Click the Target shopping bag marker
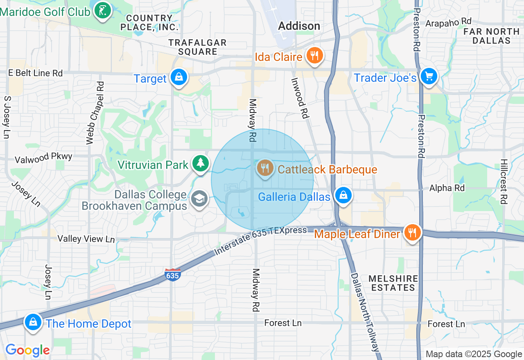coord(179,77)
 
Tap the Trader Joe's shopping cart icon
coord(429,76)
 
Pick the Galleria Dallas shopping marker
coord(344,195)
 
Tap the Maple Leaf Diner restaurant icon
coord(412,232)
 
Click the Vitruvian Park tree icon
coord(200,163)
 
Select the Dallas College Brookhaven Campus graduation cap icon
coord(199,199)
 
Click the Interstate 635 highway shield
coord(172,275)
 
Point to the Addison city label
coord(299,26)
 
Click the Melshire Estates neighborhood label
coord(393,283)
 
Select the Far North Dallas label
coord(491,36)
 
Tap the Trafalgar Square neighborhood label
coord(197,47)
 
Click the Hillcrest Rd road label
coord(504,181)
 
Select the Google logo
coord(27,350)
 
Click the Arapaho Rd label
coord(448,22)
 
